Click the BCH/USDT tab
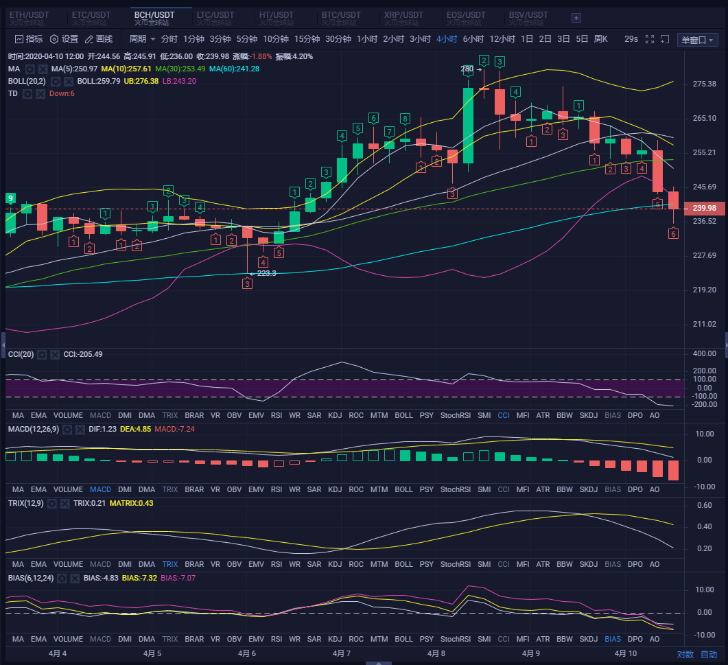(x=154, y=15)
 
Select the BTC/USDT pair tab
(x=341, y=15)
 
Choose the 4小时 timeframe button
(x=447, y=39)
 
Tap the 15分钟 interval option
(x=307, y=39)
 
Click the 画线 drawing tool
(x=99, y=39)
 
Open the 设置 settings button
(x=64, y=39)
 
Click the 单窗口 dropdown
(x=697, y=40)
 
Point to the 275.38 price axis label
(x=705, y=84)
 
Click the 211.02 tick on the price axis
(x=705, y=324)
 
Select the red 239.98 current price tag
(x=705, y=209)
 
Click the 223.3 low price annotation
(x=265, y=273)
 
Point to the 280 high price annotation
(x=467, y=69)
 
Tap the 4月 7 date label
(x=341, y=654)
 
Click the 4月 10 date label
(x=626, y=654)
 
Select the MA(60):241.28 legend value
(x=234, y=69)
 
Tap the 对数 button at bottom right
(x=685, y=654)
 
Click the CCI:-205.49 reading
(x=83, y=354)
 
